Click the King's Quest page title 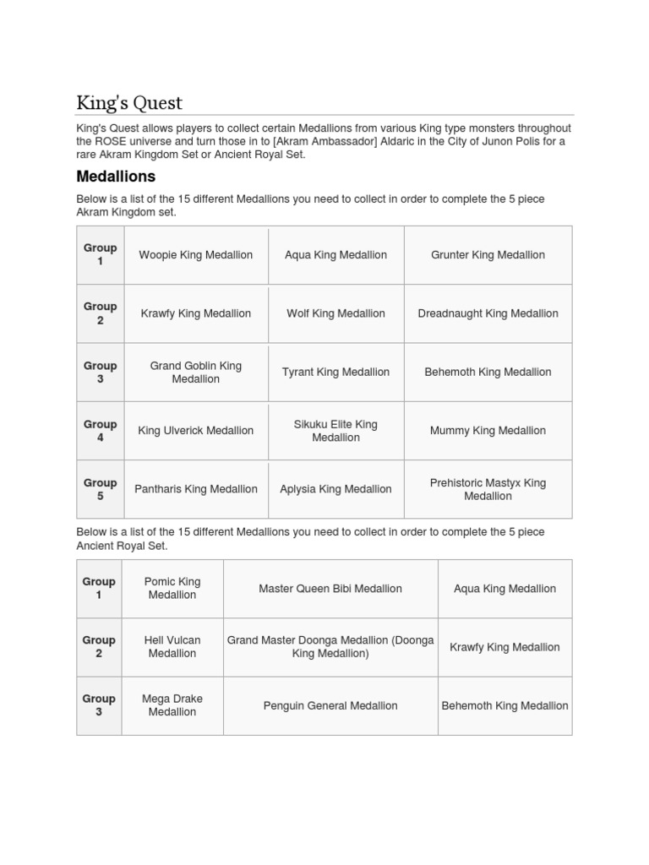pyautogui.click(x=129, y=103)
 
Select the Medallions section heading pyautogui.click(x=116, y=177)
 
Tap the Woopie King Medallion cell pyautogui.click(x=196, y=255)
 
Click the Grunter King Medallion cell pyautogui.click(x=488, y=255)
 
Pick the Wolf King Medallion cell pyautogui.click(x=335, y=313)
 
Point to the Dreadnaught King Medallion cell pyautogui.click(x=488, y=313)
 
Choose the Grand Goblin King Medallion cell pyautogui.click(x=196, y=373)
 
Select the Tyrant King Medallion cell pyautogui.click(x=335, y=373)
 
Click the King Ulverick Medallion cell pyautogui.click(x=196, y=431)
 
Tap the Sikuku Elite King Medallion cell pyautogui.click(x=335, y=431)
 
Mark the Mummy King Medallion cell pyautogui.click(x=488, y=431)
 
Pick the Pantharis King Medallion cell pyautogui.click(x=196, y=489)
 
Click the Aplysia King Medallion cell pyautogui.click(x=335, y=489)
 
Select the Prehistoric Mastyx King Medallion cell pyautogui.click(x=488, y=489)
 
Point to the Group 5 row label pyautogui.click(x=100, y=489)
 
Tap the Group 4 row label pyautogui.click(x=100, y=431)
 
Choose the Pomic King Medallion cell pyautogui.click(x=172, y=589)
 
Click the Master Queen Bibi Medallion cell pyautogui.click(x=330, y=589)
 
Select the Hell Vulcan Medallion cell pyautogui.click(x=172, y=647)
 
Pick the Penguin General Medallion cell pyautogui.click(x=330, y=706)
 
